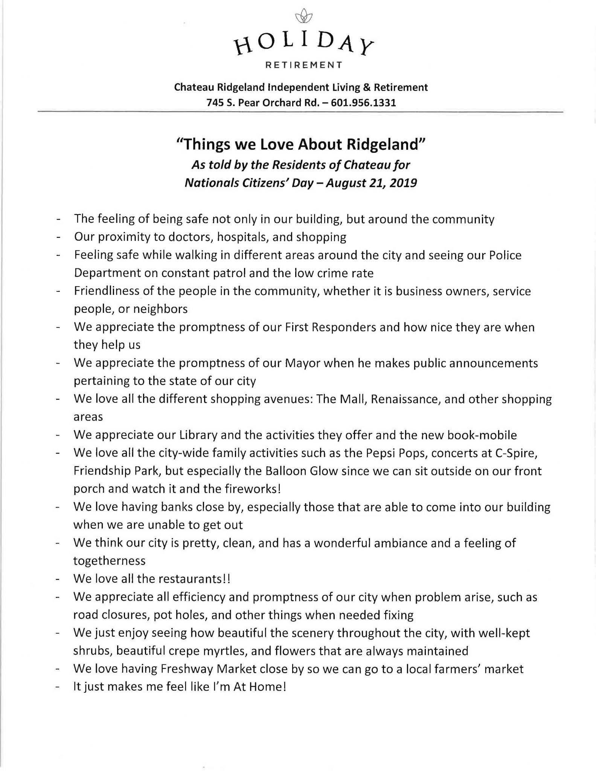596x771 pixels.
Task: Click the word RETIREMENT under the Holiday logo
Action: [x=304, y=65]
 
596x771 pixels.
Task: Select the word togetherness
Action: [x=110, y=561]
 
